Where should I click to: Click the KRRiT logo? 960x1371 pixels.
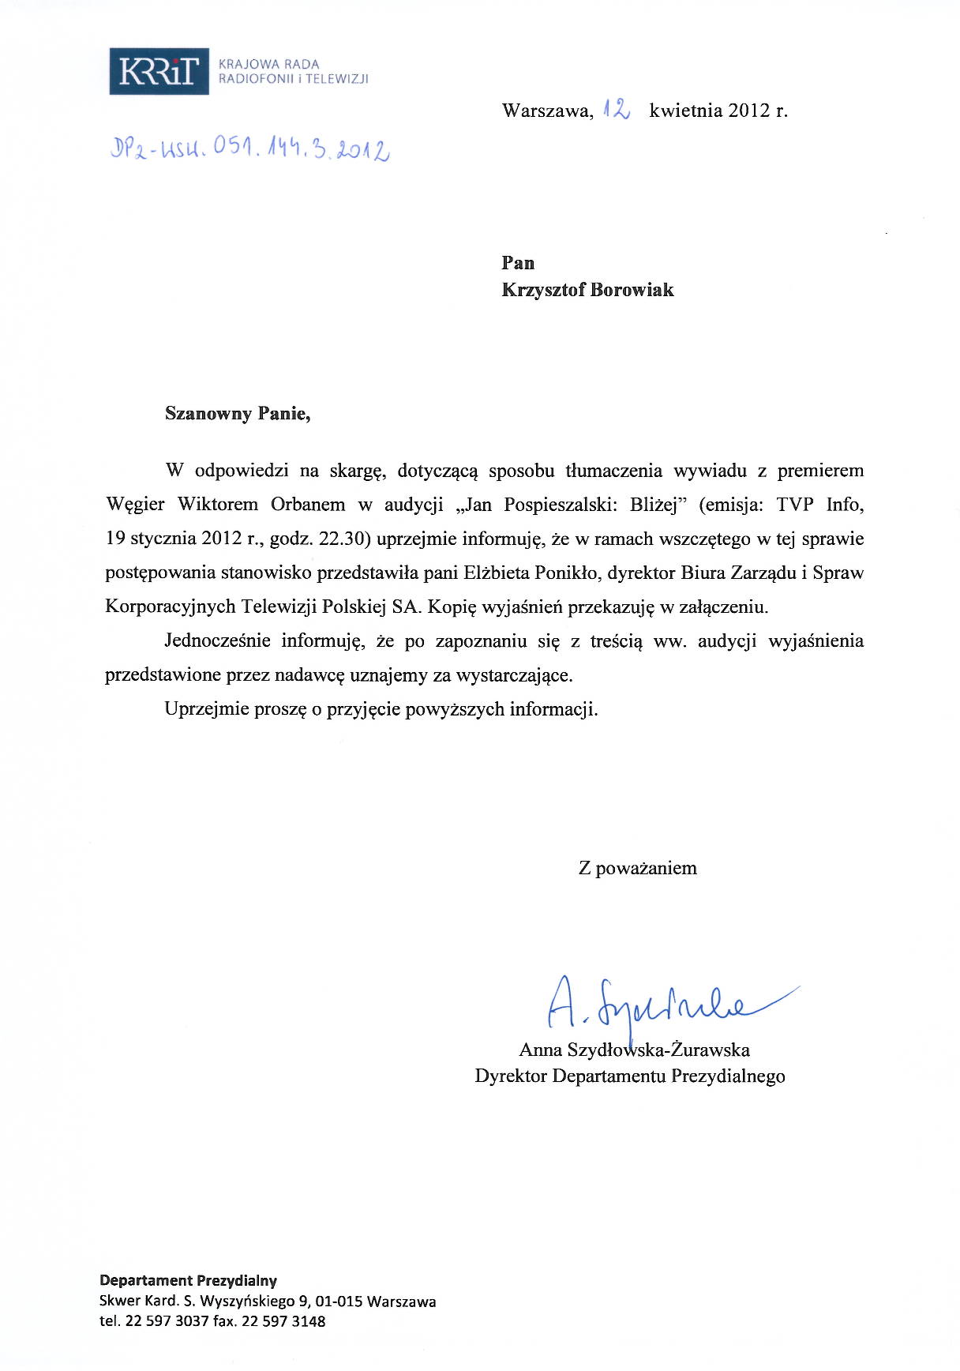[x=159, y=71]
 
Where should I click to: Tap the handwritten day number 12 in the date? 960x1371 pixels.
[x=616, y=110]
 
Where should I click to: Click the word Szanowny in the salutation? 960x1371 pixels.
[x=208, y=413]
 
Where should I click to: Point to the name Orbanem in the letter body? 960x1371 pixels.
[x=308, y=505]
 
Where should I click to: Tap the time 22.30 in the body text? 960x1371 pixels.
[x=342, y=539]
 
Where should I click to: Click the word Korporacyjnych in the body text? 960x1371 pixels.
[x=171, y=607]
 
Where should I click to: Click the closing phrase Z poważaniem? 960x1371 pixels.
[x=638, y=868]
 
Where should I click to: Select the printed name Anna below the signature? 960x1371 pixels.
[x=540, y=1050]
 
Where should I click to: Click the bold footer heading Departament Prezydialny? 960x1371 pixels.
[x=188, y=1280]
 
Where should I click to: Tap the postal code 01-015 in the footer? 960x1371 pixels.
[x=339, y=1301]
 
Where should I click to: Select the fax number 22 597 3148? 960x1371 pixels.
[x=283, y=1321]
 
